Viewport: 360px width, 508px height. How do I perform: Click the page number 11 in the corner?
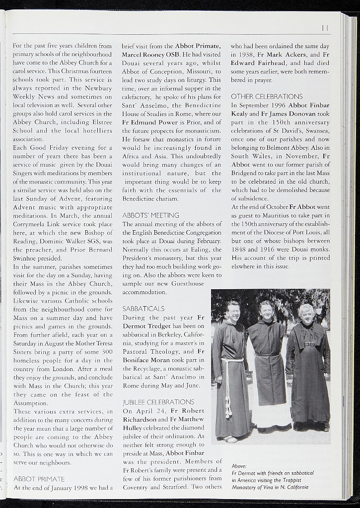pos(325,28)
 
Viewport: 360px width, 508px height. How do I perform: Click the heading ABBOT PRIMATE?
pos(39,479)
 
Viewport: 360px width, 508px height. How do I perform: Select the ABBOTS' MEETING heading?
pos(150,215)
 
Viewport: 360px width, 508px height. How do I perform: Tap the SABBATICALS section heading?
pos(144,309)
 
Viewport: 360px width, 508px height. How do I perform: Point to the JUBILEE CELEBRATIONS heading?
pos(158,402)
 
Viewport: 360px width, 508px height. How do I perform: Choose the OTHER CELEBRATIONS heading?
pos(267,96)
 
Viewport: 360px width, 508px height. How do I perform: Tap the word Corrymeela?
pos(31,224)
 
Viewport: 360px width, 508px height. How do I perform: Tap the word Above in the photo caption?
pos(240,466)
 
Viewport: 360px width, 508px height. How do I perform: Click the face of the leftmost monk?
pos(232,312)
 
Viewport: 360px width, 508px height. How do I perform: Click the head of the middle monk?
pos(266,311)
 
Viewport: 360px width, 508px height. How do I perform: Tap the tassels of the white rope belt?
pos(228,411)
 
